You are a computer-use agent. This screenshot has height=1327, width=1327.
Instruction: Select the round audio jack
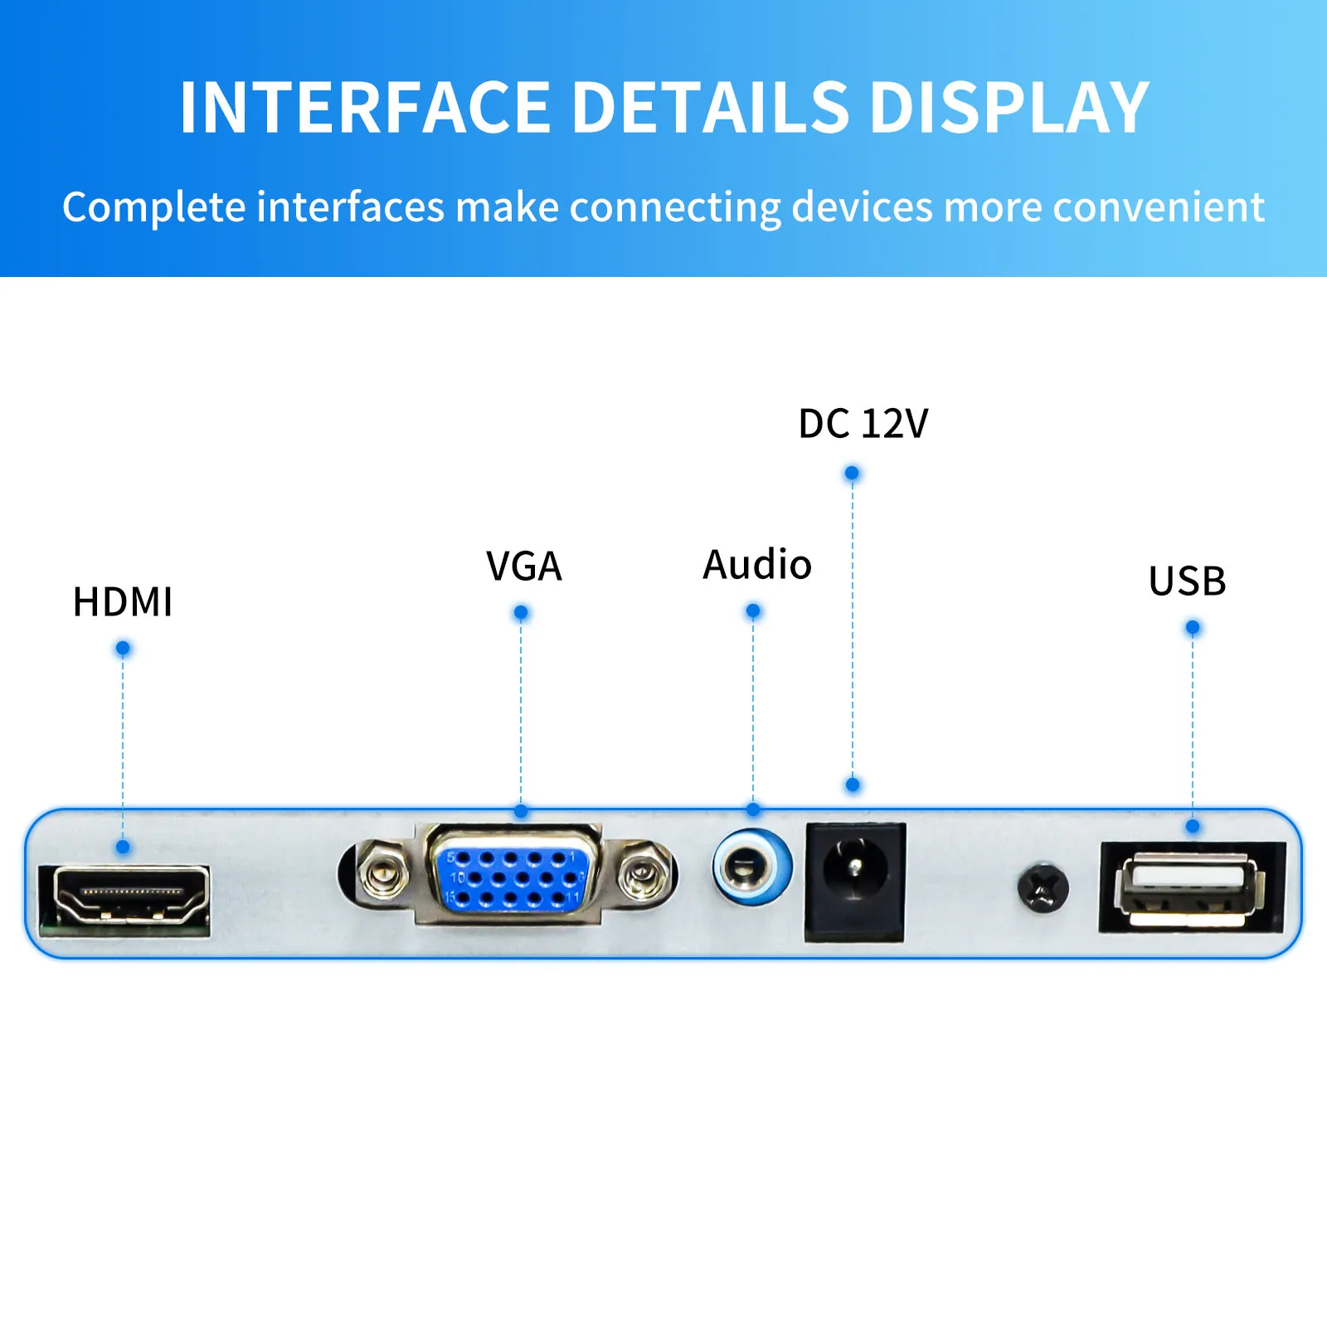(x=751, y=868)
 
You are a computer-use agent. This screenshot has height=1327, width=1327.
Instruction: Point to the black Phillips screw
(x=1043, y=888)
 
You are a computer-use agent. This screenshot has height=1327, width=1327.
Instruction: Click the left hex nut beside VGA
(x=382, y=873)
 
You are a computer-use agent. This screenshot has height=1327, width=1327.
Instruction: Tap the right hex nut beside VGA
(x=643, y=873)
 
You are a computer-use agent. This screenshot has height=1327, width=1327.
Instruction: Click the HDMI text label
(x=123, y=602)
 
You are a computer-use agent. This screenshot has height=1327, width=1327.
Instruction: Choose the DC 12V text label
(x=863, y=424)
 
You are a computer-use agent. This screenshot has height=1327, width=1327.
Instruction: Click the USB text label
(x=1187, y=581)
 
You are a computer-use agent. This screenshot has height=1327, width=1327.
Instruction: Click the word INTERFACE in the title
(x=365, y=107)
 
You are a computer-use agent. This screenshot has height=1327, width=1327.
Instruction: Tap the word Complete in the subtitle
(x=153, y=207)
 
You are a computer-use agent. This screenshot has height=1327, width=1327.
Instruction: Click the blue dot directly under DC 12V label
(x=852, y=474)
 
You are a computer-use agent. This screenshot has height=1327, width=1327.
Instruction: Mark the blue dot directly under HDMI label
(x=123, y=648)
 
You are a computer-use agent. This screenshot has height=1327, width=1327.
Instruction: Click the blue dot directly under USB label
(x=1193, y=628)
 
